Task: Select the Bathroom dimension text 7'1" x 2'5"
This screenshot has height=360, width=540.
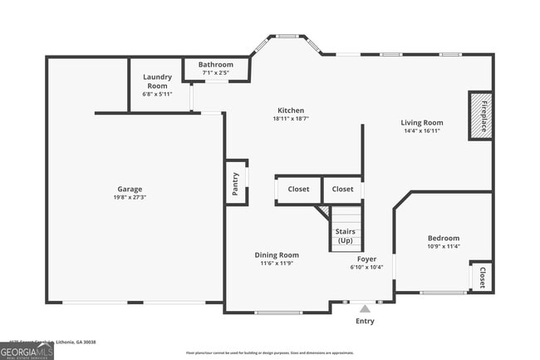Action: coord(215,73)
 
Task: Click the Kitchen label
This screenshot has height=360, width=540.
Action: coord(291,111)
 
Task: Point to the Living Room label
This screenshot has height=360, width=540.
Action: coord(422,122)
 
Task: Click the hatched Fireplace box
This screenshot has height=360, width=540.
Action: coord(480,115)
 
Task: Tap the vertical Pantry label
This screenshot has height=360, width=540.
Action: coord(236,180)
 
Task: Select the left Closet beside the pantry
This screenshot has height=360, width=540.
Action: coord(298,190)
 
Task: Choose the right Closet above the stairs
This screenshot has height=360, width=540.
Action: coord(342,190)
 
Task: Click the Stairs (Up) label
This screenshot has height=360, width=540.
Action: coord(345,235)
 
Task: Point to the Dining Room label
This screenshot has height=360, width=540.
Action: coord(277,255)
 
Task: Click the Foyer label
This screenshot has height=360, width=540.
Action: coord(366,259)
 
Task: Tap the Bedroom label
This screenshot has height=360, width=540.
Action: coord(443,238)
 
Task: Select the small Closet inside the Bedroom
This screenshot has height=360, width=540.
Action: coord(481,276)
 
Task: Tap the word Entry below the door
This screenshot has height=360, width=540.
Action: coord(365,321)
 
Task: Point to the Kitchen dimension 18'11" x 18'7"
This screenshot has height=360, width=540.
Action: coord(291,119)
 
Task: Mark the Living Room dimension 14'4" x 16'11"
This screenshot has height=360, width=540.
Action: coord(422,131)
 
